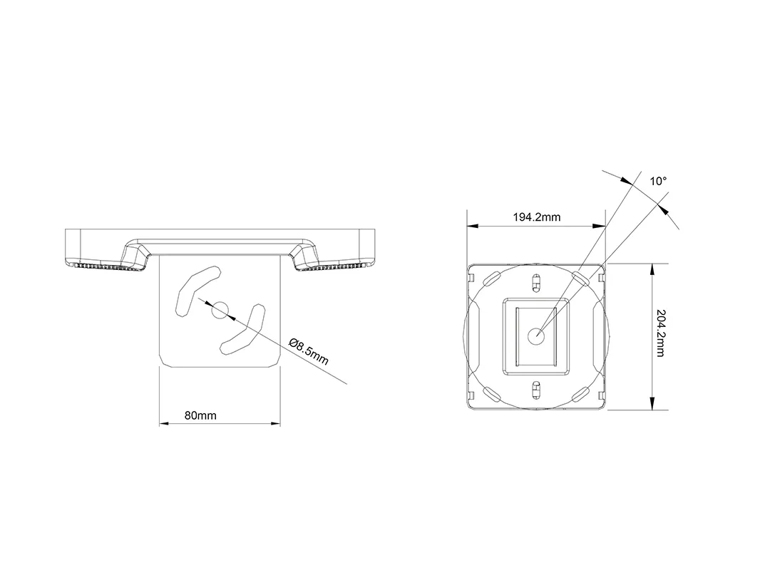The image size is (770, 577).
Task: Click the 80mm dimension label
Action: click(x=200, y=415)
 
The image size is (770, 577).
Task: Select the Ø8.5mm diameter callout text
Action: click(x=309, y=350)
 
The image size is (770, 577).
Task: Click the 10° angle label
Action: click(x=658, y=182)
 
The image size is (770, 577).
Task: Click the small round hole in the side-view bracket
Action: click(x=220, y=309)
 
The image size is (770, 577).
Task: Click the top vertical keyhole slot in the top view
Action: click(x=536, y=283)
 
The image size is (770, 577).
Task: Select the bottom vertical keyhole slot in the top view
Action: click(x=536, y=388)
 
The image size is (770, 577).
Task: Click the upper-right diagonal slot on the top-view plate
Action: click(x=579, y=277)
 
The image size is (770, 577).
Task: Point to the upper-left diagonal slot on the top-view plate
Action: click(x=493, y=277)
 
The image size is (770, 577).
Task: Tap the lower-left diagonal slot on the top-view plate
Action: click(x=493, y=393)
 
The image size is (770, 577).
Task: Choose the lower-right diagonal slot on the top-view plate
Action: click(x=579, y=393)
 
